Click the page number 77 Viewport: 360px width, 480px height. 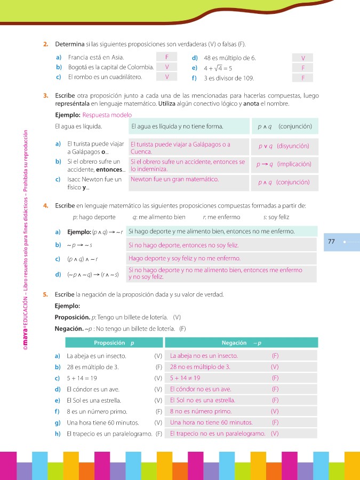[331, 242]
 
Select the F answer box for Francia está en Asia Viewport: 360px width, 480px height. [167, 57]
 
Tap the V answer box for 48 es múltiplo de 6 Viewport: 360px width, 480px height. [303, 58]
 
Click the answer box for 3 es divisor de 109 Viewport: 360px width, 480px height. [303, 78]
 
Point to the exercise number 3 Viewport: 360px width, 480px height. [46, 96]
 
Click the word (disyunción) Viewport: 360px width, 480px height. [293, 146]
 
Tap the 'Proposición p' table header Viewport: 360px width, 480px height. [114, 342]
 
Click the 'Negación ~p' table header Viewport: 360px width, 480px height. [241, 342]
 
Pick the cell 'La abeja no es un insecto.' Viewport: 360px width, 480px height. [204, 356]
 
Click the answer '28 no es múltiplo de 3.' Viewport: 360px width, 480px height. [200, 367]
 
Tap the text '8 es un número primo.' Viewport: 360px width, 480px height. [93, 411]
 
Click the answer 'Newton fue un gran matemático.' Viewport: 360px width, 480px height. [174, 179]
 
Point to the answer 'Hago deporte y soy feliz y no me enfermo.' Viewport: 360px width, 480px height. [184, 259]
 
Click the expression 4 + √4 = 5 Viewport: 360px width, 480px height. [218, 68]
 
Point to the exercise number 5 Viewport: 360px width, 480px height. [46, 294]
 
